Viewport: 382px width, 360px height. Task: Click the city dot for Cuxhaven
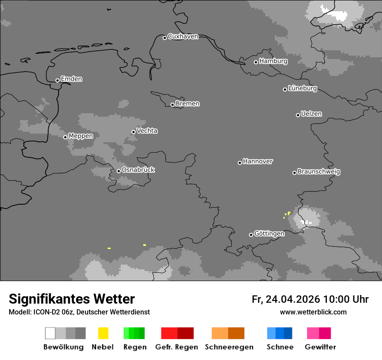click(x=165, y=38)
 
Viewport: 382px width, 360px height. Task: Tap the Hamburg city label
click(x=273, y=61)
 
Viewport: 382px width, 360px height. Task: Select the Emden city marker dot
click(x=57, y=80)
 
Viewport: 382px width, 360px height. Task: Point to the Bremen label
click(x=188, y=104)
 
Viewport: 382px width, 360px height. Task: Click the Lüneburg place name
click(x=302, y=88)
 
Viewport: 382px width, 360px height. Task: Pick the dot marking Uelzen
click(x=298, y=115)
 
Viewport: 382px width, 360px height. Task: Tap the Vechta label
click(x=147, y=131)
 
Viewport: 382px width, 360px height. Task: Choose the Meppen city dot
click(x=65, y=137)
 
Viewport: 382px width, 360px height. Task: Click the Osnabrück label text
click(x=138, y=170)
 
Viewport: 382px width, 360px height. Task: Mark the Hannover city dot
click(x=240, y=163)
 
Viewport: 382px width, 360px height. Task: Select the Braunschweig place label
click(x=319, y=172)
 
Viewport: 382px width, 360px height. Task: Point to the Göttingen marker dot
click(x=251, y=235)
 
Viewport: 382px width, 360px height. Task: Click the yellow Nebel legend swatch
click(x=103, y=333)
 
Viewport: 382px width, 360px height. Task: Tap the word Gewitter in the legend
click(x=320, y=347)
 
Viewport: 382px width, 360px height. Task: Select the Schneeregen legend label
click(x=229, y=347)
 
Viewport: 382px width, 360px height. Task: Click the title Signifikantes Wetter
click(x=72, y=299)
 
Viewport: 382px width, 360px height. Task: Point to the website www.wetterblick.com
click(x=313, y=312)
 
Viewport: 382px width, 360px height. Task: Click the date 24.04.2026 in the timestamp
click(x=293, y=299)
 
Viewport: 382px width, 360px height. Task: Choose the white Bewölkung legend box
click(x=50, y=333)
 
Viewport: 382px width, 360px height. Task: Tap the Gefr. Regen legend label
click(x=177, y=347)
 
